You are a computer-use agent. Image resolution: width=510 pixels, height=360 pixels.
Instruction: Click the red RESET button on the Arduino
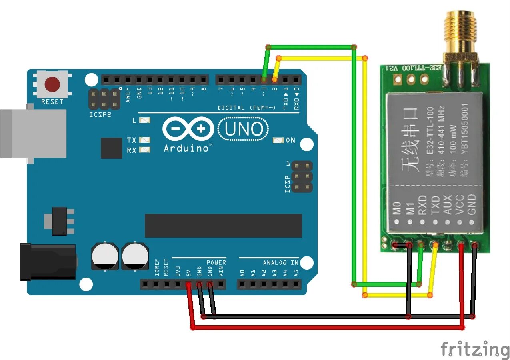(x=52, y=84)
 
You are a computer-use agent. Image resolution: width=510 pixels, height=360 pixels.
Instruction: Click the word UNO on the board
(x=244, y=129)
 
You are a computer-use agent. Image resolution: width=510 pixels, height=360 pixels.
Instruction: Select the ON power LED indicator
(x=278, y=140)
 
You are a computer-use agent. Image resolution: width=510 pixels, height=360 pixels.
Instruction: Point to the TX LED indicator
(x=144, y=140)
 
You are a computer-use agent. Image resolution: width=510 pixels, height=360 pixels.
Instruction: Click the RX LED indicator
(x=144, y=150)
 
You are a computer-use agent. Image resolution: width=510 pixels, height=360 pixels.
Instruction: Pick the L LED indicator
(x=144, y=120)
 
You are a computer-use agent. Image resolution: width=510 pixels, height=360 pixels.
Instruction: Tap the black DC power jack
(x=48, y=262)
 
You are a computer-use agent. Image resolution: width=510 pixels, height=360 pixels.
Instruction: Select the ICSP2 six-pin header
(x=104, y=99)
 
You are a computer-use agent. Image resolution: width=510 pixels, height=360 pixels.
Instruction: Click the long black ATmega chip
(x=223, y=226)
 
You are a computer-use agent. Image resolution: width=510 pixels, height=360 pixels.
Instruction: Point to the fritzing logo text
(x=475, y=349)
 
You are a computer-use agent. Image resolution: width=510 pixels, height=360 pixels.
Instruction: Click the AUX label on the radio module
(x=447, y=205)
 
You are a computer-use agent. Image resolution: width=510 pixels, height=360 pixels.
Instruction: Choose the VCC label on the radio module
(x=459, y=205)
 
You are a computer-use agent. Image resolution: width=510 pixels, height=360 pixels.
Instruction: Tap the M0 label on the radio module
(x=396, y=208)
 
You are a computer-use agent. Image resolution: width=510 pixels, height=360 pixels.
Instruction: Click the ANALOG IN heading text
(x=281, y=262)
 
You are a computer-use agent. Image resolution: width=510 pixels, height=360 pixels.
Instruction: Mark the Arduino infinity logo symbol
(x=188, y=129)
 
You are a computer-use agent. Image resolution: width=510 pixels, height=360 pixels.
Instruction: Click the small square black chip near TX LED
(x=111, y=148)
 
